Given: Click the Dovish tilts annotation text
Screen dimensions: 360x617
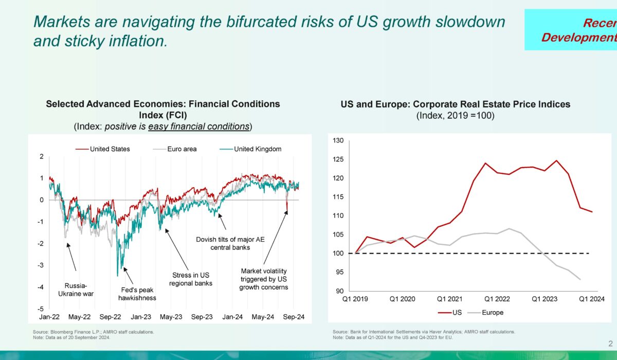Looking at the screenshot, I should point(223,243).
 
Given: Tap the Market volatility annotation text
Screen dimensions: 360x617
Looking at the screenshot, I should point(263,279).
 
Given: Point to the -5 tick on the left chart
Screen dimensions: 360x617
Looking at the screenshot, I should point(41,309).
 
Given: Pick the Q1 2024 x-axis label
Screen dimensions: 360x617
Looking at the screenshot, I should point(592,298).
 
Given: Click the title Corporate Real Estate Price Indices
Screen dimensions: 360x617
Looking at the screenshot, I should point(456,104).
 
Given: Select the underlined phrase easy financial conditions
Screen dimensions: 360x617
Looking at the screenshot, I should point(198,126).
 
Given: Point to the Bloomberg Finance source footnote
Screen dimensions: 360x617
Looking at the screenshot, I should point(93,332).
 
